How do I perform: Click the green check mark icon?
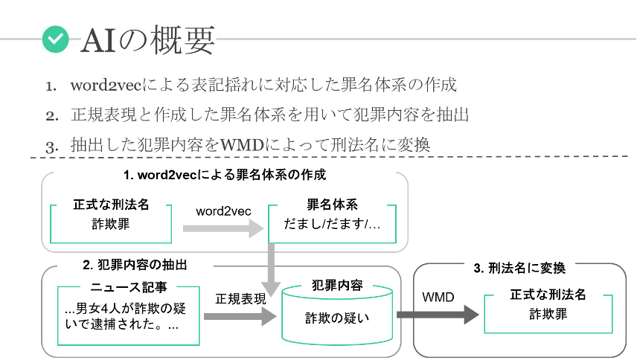coord(56,39)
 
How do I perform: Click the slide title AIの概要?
coord(148,39)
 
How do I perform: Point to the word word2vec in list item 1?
coord(106,86)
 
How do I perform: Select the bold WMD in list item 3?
coord(242,145)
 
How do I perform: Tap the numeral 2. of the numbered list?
coord(52,116)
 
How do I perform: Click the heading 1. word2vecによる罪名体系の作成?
coord(225,175)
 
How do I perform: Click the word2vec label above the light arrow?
coord(223,211)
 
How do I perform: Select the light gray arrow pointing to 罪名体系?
coord(223,228)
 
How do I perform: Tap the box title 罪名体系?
coord(332,205)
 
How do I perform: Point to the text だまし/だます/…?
coord(332,224)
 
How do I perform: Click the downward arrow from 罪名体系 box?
coord(271,269)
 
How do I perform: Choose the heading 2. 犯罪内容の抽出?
coord(135,265)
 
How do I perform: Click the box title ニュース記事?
coord(129,287)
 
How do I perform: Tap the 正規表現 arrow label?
coord(240,299)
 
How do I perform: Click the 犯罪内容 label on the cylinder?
coord(337,286)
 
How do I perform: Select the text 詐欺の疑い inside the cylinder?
coord(337,318)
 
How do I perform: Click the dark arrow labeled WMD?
coord(438,315)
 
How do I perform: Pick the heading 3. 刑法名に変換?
coord(519,268)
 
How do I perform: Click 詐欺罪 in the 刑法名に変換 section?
coord(548,314)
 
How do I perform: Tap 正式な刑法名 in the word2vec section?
coord(111,205)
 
